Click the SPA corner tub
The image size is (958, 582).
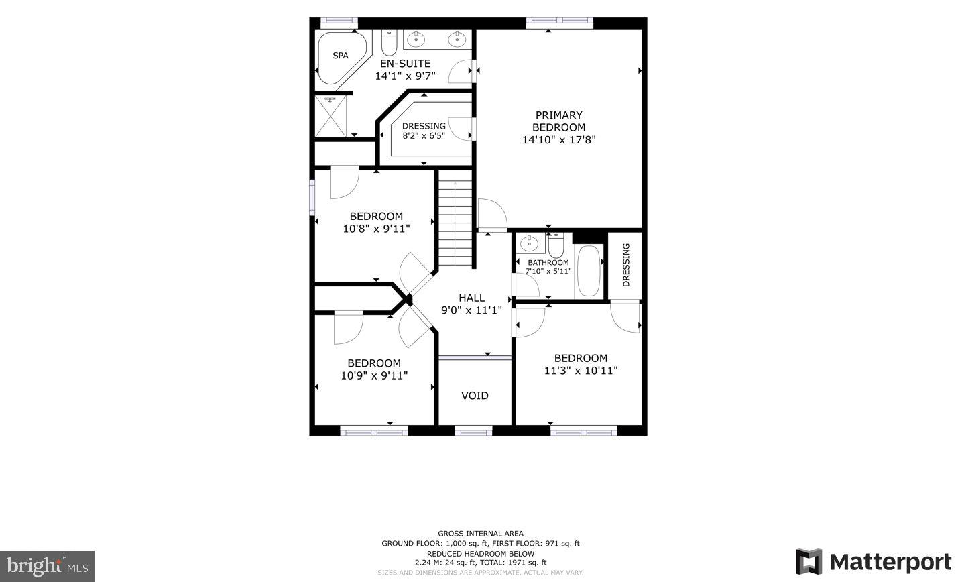click(x=341, y=56)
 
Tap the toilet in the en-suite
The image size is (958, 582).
click(x=389, y=43)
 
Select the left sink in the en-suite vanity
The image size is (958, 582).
click(x=416, y=39)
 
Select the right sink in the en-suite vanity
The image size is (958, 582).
click(x=457, y=39)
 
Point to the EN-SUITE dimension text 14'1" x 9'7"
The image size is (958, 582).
click(x=405, y=76)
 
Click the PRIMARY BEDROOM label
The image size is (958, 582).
click(x=558, y=121)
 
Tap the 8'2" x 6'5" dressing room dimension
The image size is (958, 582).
click(x=424, y=135)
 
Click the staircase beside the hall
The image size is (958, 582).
click(x=455, y=218)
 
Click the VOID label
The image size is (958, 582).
click(x=475, y=396)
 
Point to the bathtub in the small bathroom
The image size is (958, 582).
click(x=589, y=272)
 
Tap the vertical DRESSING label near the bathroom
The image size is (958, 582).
click(x=626, y=265)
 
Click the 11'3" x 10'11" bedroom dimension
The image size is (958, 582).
click(x=581, y=371)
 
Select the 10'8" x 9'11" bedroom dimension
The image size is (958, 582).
click(x=376, y=229)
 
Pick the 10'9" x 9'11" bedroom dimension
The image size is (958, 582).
click(x=374, y=375)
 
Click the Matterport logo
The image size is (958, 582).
click(x=874, y=561)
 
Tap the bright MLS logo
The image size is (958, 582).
click(x=48, y=566)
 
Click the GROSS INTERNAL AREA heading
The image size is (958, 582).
click(x=481, y=534)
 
